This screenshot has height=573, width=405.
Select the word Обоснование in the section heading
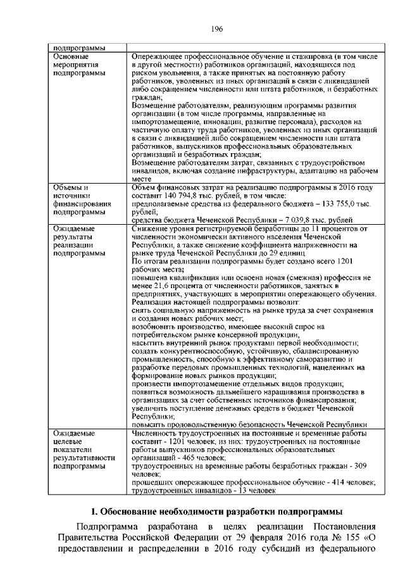135,511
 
